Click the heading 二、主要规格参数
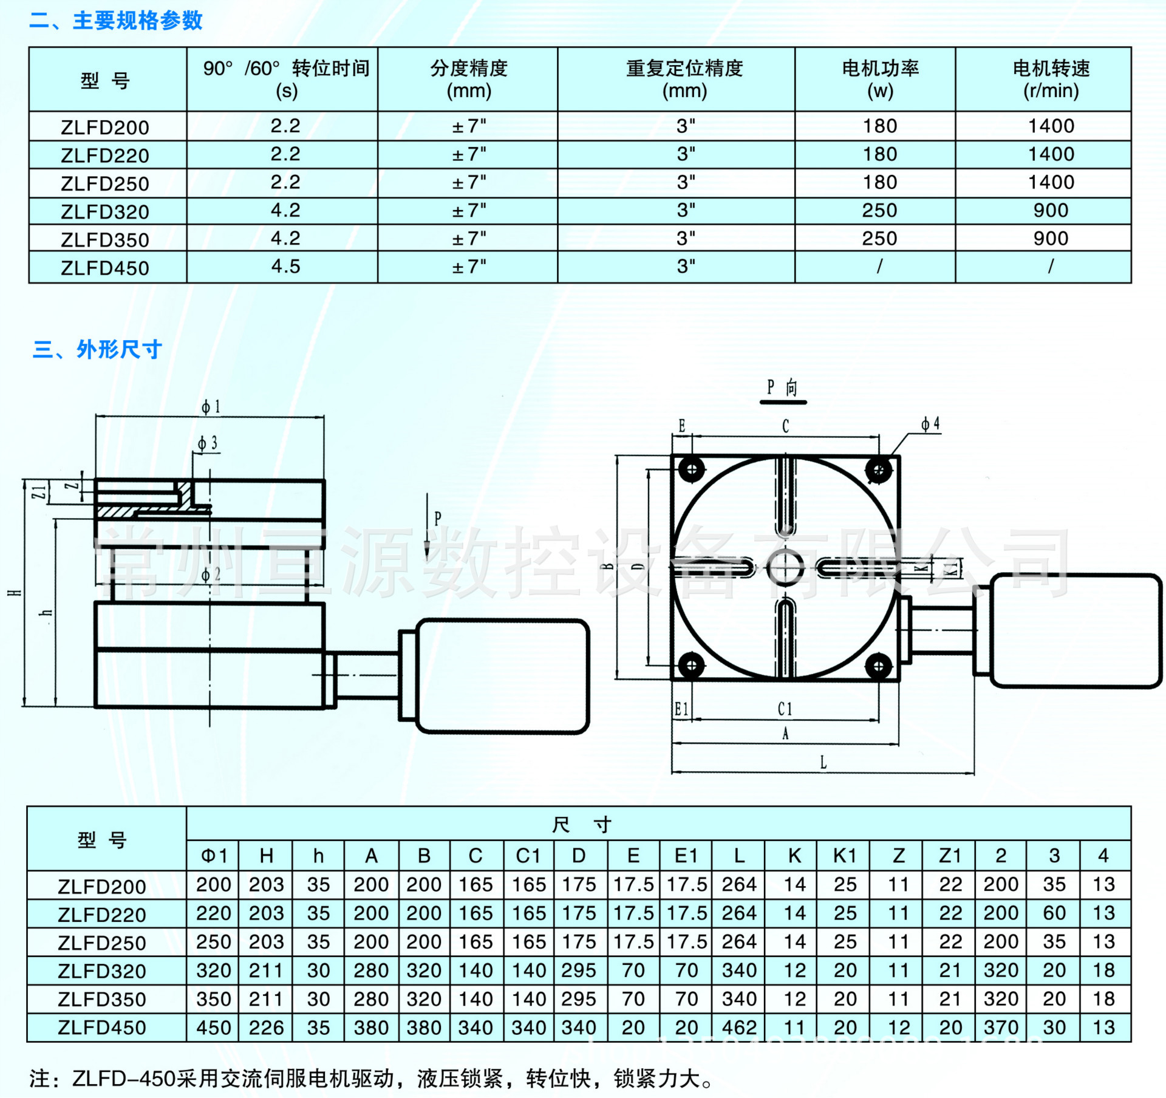tap(116, 21)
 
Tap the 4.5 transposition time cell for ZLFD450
tap(285, 267)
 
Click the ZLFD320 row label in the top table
tap(104, 212)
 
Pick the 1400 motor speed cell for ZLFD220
tap(1051, 154)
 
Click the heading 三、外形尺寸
tap(97, 349)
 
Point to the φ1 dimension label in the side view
tap(211, 407)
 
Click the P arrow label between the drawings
tap(437, 518)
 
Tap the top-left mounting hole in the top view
tap(691, 469)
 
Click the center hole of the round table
tap(785, 567)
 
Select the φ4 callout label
tap(930, 424)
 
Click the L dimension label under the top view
tap(823, 762)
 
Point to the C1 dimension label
tap(785, 709)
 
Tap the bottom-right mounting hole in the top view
tap(878, 666)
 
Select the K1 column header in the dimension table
tap(844, 856)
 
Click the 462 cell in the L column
tap(738, 1028)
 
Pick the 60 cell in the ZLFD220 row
tap(1054, 913)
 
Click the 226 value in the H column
tap(266, 1028)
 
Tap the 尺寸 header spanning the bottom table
tap(582, 824)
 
